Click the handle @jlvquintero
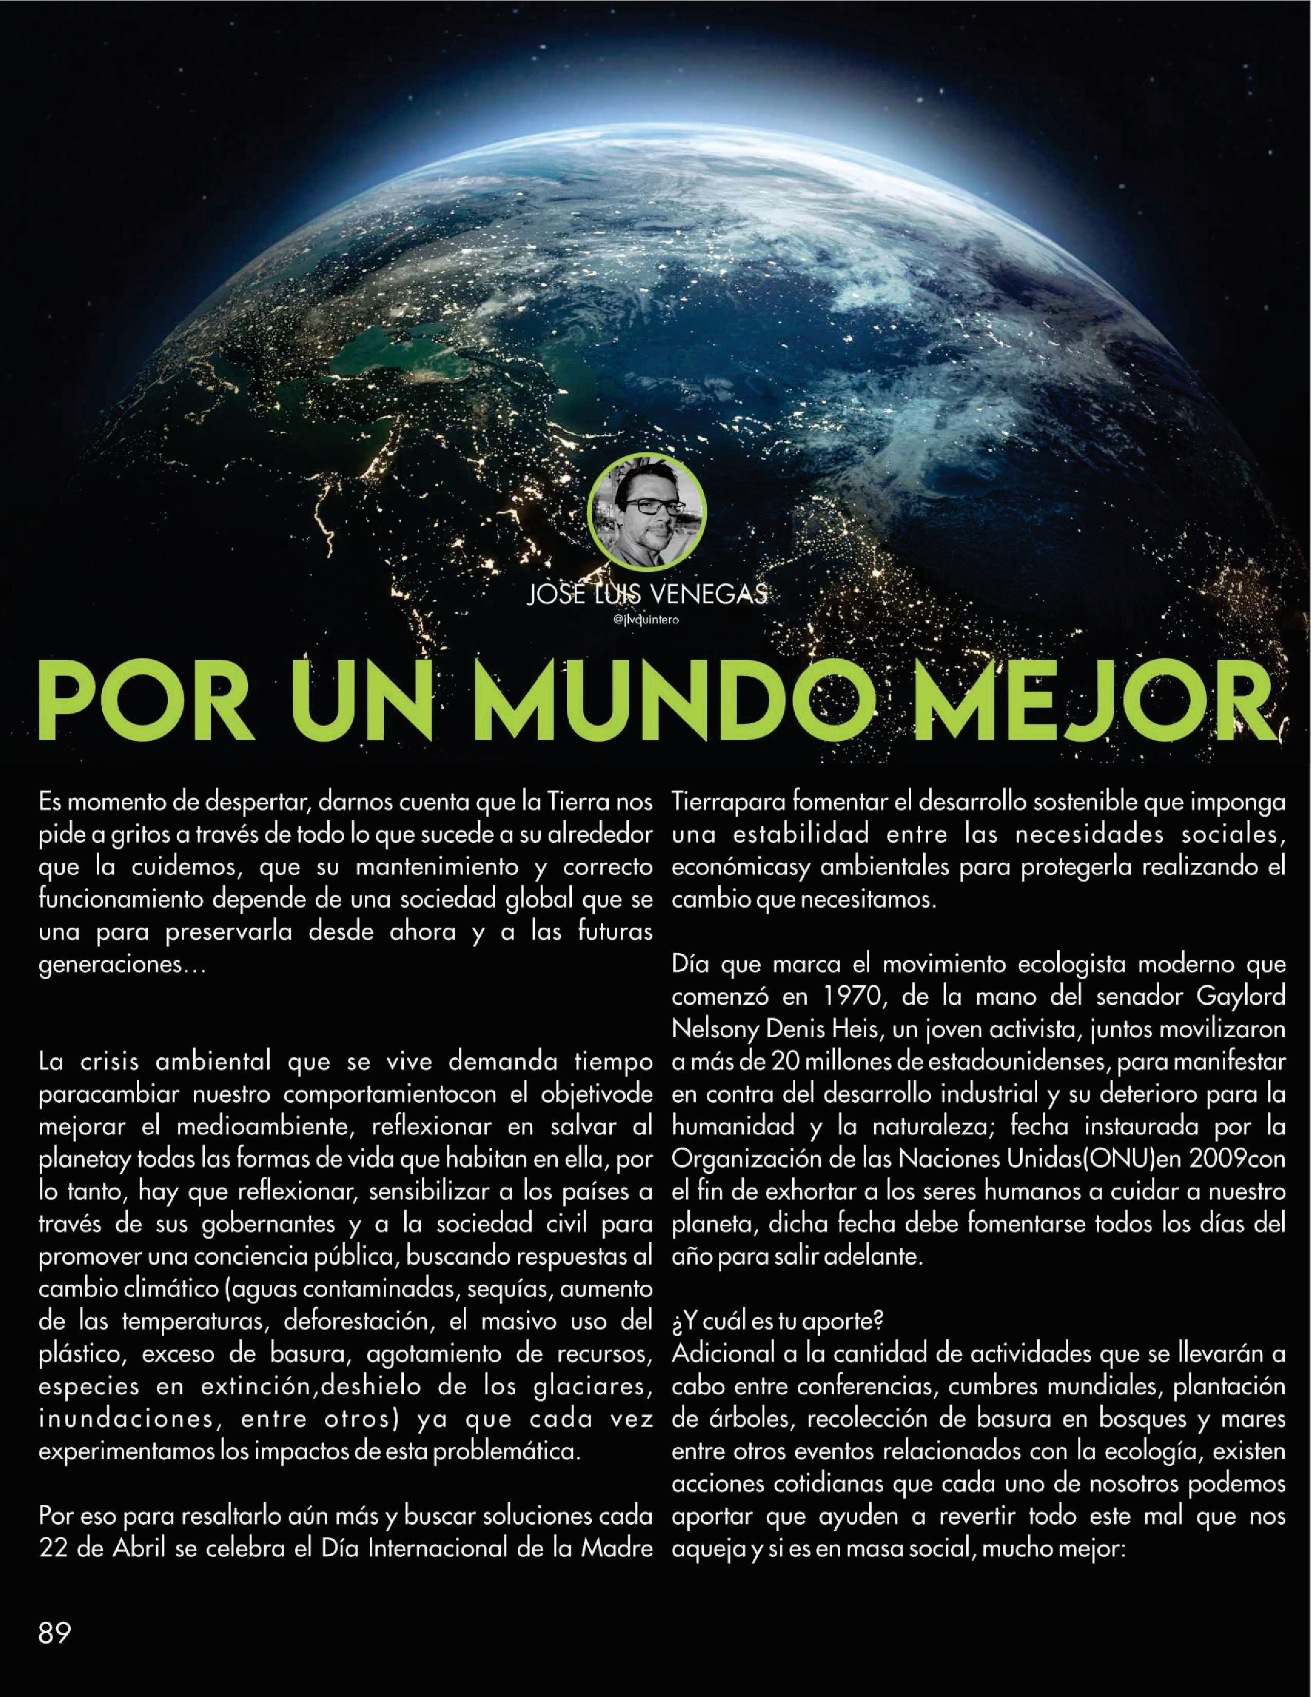click(x=646, y=620)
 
